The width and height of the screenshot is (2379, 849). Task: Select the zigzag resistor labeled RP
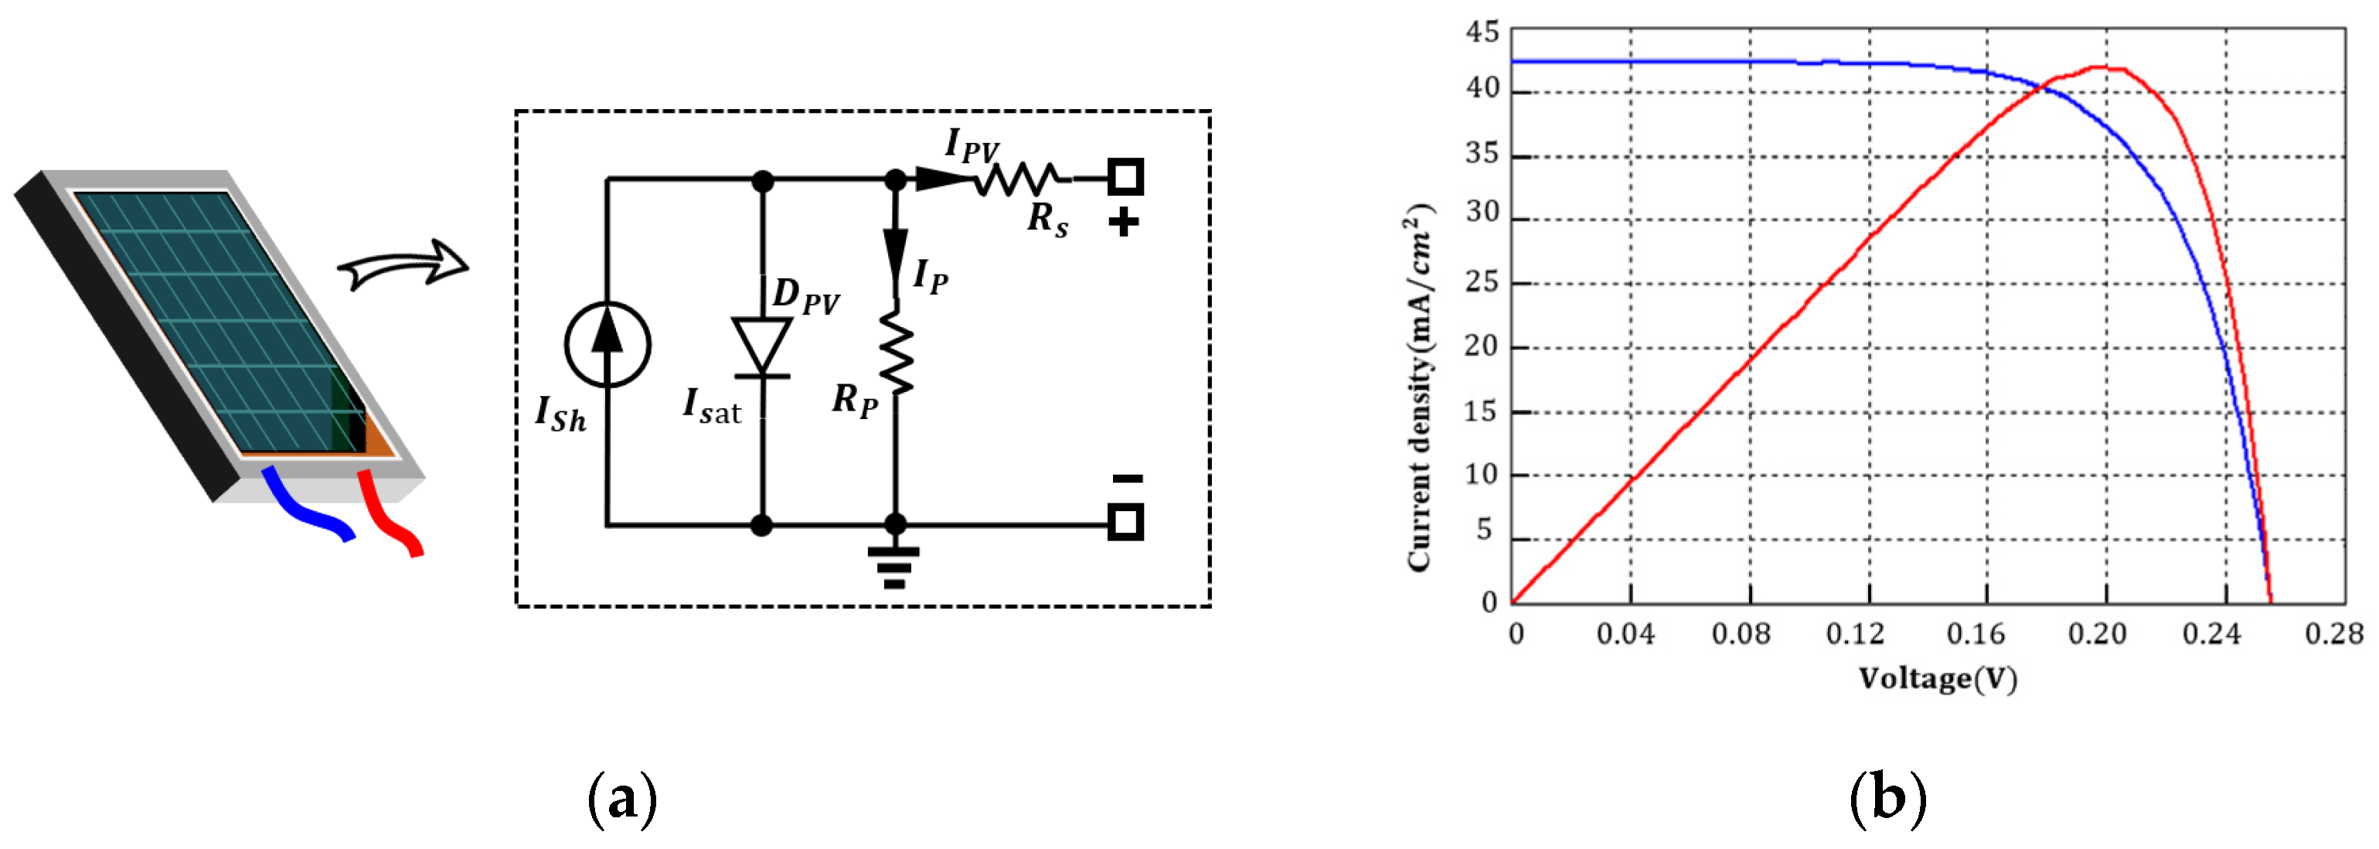(x=895, y=353)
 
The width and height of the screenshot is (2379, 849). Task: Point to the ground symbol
(x=893, y=565)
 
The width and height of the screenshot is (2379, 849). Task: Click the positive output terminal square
(x=1125, y=176)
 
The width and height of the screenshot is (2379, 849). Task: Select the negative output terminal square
(x=1125, y=522)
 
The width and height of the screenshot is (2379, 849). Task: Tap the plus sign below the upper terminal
(x=1123, y=223)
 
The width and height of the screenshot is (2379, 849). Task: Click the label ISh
(x=560, y=413)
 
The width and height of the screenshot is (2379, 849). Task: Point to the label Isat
(x=711, y=406)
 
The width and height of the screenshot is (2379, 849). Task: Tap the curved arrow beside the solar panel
(x=403, y=265)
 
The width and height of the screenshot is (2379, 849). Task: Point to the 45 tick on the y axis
(x=1482, y=32)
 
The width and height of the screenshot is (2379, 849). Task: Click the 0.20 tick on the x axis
(x=2096, y=634)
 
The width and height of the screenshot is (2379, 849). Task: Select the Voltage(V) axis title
(x=1937, y=679)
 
